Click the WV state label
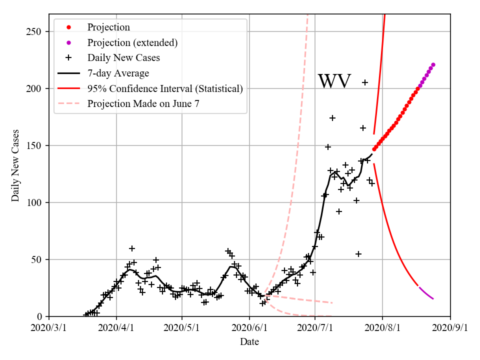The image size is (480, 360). coord(334,81)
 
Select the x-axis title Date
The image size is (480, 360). coord(249,342)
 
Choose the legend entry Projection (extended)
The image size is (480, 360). coord(132,42)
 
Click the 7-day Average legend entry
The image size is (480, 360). coord(118,73)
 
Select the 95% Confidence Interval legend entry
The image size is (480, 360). coord(165,88)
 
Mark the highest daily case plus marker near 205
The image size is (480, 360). coord(365,82)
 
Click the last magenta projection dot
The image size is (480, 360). coord(433,64)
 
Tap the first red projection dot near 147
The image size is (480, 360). coord(374,149)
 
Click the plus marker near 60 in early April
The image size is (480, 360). coord(132,248)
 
